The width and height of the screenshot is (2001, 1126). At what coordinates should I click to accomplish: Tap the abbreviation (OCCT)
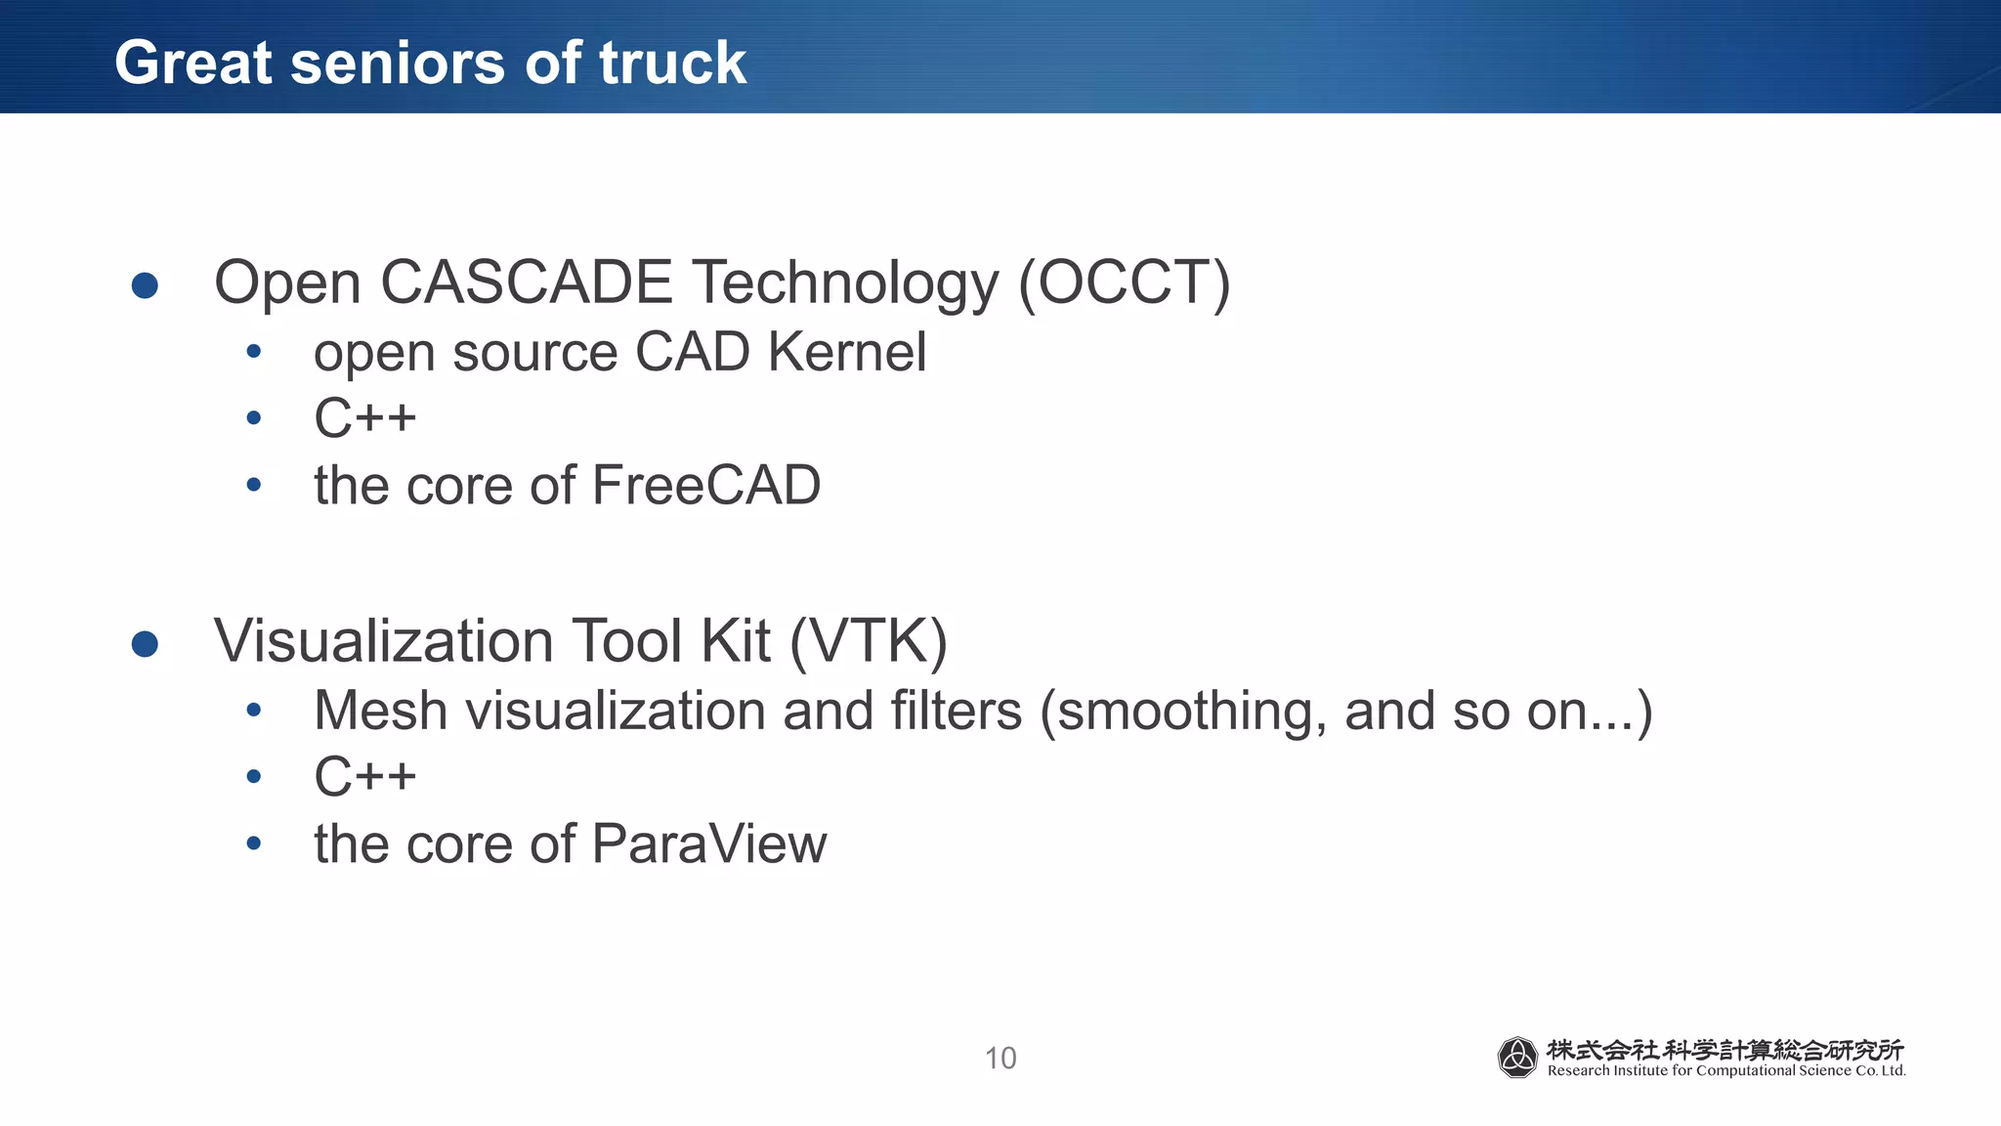[x=1124, y=283]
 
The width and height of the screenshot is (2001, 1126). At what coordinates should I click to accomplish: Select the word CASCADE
[x=526, y=283]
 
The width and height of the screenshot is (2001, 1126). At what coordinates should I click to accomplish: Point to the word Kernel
[x=846, y=352]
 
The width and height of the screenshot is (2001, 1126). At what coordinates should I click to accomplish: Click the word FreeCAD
[x=705, y=486]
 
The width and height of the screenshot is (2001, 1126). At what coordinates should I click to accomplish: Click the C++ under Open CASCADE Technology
[x=364, y=418]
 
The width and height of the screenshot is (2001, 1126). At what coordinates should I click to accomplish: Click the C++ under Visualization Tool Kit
[x=364, y=777]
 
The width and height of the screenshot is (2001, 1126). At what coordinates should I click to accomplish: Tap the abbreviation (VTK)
[x=868, y=642]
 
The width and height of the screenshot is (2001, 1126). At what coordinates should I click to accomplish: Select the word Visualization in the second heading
[x=384, y=642]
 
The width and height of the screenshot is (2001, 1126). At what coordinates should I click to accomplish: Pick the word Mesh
[x=380, y=711]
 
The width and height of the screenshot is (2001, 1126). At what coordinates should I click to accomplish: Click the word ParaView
[x=708, y=844]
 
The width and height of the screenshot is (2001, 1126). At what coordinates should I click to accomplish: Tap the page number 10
[x=1000, y=1059]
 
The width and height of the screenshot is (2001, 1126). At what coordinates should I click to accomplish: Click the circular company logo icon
[x=1517, y=1058]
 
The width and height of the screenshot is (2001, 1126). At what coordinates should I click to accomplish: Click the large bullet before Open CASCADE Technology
[x=145, y=285]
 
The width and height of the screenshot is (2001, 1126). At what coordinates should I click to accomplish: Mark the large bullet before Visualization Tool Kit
[x=145, y=644]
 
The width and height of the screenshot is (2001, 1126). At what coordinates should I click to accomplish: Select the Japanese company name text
[x=1724, y=1050]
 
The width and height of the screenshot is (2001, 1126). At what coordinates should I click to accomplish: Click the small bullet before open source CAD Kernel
[x=254, y=352]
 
